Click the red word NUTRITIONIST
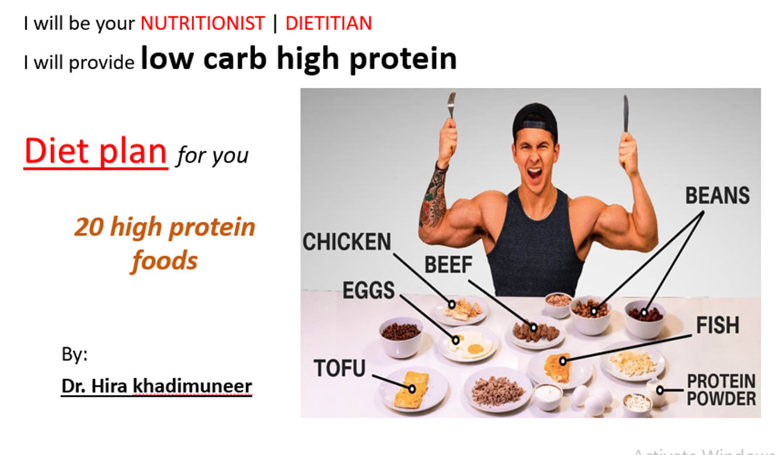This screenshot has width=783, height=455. tap(202, 24)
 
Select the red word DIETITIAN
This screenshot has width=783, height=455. tap(328, 24)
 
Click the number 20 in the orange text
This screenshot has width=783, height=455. tap(89, 227)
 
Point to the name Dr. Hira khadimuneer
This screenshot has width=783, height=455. tap(156, 386)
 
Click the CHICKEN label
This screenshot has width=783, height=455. tap(347, 242)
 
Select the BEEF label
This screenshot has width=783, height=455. tap(448, 265)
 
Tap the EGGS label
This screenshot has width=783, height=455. tap(369, 290)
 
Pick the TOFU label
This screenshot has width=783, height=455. tap(339, 368)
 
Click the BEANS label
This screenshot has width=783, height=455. tap(718, 195)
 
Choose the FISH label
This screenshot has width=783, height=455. tap(718, 325)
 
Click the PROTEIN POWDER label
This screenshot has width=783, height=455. tap(721, 390)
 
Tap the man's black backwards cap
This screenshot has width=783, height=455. tap(535, 121)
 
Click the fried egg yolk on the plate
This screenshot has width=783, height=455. tap(475, 349)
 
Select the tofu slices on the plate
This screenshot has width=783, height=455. tap(412, 390)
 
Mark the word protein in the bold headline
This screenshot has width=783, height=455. tap(403, 59)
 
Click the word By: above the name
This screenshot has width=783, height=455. tap(75, 354)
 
